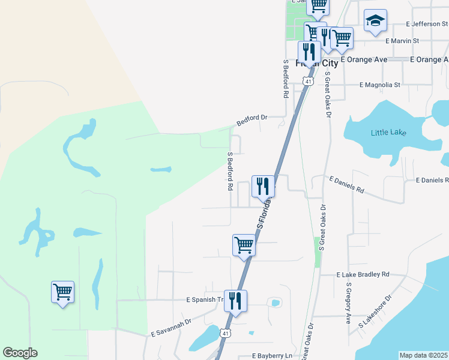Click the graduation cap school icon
375,20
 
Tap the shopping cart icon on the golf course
62,292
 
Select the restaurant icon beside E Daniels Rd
262,186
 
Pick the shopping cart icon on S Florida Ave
244,245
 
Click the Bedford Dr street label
252,120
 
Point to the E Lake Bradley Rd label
363,274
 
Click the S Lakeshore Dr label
375,311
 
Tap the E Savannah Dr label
171,326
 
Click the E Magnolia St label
379,85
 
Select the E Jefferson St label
426,24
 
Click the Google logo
20,353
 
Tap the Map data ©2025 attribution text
424,355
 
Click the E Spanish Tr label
205,299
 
